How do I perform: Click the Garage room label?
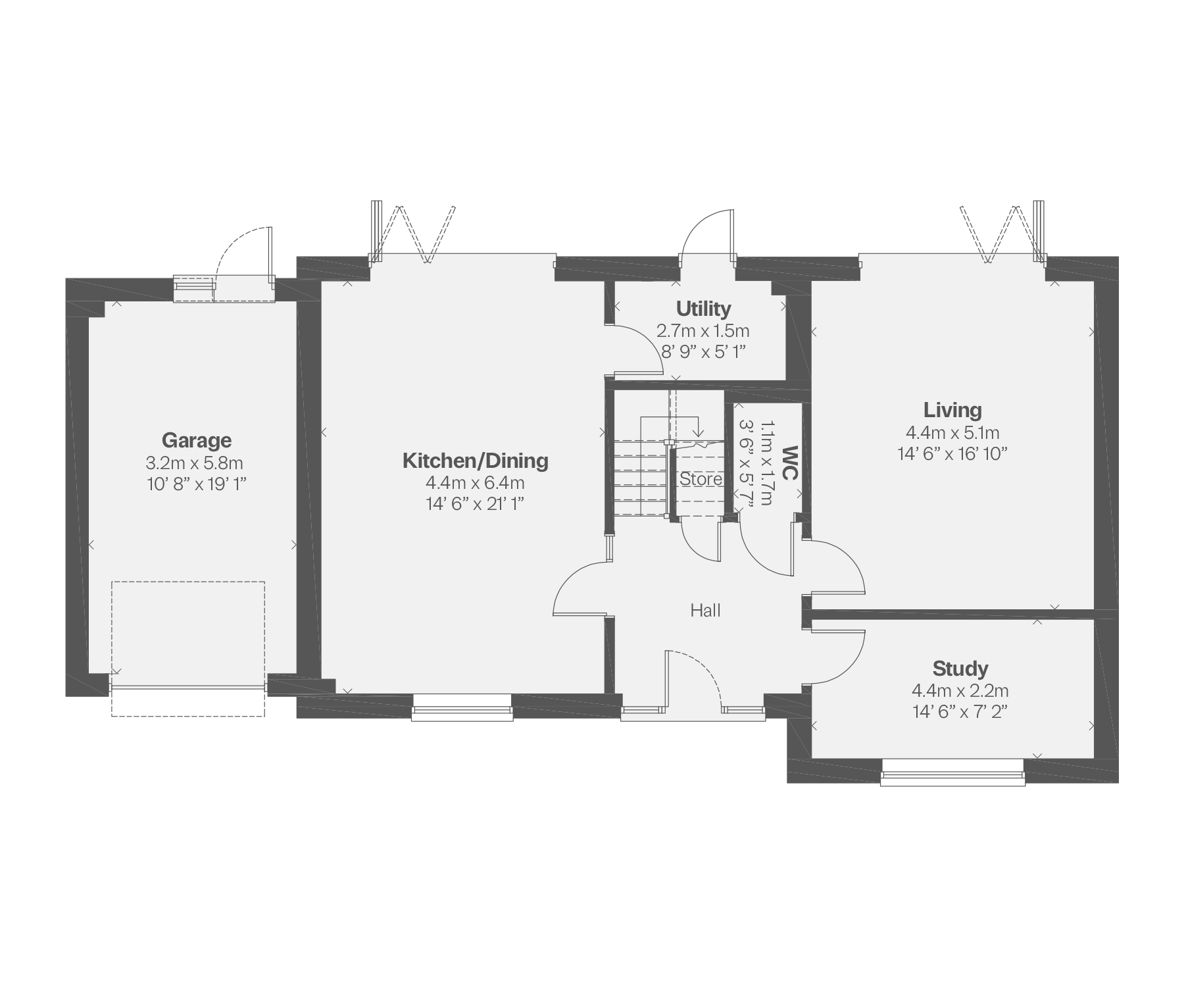pyautogui.click(x=197, y=440)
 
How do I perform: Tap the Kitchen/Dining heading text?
pyautogui.click(x=476, y=461)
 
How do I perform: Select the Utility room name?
pyautogui.click(x=703, y=309)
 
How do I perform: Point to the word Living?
pyautogui.click(x=952, y=411)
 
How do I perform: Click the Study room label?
pyautogui.click(x=960, y=669)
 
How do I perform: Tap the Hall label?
pyautogui.click(x=705, y=611)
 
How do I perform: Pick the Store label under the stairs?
pyautogui.click(x=701, y=479)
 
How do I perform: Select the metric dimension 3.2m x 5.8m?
pyautogui.click(x=195, y=463)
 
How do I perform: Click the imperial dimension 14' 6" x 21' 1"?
pyautogui.click(x=475, y=504)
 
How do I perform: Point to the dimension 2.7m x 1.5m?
pyautogui.click(x=703, y=330)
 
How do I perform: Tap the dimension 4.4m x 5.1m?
pyautogui.click(x=952, y=432)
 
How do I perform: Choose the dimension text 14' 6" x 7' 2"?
pyautogui.click(x=960, y=712)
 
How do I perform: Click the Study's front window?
pyautogui.click(x=952, y=772)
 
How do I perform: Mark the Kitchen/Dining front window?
pyautogui.click(x=462, y=707)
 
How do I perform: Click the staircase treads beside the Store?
pyautogui.click(x=639, y=474)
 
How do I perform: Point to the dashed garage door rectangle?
pyautogui.click(x=188, y=649)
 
